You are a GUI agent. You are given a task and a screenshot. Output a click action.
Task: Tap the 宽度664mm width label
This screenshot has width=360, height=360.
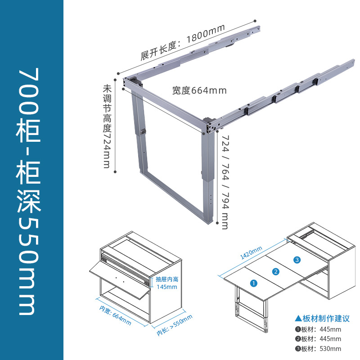click(x=199, y=90)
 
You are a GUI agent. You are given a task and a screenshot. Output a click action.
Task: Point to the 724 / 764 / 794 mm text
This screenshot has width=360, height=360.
click(x=225, y=182)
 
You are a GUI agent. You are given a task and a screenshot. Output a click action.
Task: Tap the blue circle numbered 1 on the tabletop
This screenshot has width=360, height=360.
click(x=253, y=283)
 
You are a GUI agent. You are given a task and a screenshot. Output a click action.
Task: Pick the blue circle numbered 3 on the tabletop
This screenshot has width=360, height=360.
click(x=297, y=260)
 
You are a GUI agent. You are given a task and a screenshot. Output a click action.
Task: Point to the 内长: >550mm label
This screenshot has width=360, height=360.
click(x=174, y=325)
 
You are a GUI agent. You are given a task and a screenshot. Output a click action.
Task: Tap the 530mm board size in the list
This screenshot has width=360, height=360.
click(x=330, y=348)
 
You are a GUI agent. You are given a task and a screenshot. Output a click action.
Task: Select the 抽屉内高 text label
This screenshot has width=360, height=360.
click(x=167, y=279)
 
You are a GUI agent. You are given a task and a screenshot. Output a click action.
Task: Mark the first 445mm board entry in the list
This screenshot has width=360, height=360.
click(x=330, y=329)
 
